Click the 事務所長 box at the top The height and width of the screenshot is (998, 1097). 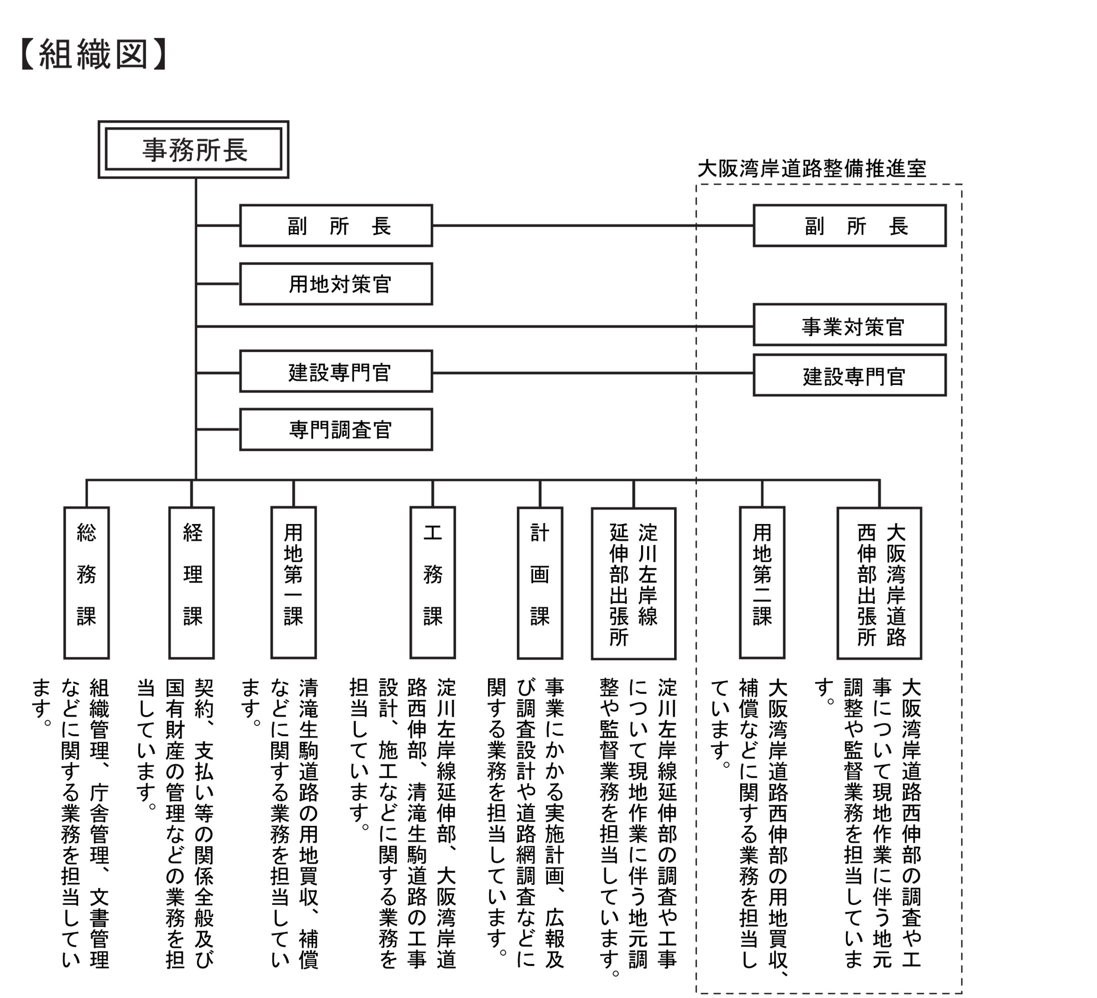pyautogui.click(x=193, y=150)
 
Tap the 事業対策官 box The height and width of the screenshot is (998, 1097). pyautogui.click(x=849, y=325)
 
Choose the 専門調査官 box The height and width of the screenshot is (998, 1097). pyautogui.click(x=336, y=429)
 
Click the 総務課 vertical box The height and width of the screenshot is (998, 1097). pyautogui.click(x=87, y=583)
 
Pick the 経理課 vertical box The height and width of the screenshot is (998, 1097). pyautogui.click(x=192, y=583)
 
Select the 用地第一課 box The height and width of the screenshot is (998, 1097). pyautogui.click(x=293, y=583)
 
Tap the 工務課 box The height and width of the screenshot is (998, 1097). pyautogui.click(x=432, y=583)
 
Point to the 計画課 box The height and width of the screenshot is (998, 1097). pyautogui.click(x=540, y=583)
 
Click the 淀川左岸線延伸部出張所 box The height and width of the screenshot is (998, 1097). pyautogui.click(x=634, y=584)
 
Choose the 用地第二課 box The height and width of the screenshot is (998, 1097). pyautogui.click(x=762, y=583)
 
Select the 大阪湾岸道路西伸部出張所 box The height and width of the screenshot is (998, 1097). pyautogui.click(x=879, y=584)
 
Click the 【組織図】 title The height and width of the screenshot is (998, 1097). pyautogui.click(x=93, y=55)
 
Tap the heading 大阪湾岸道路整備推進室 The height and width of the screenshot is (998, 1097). pyautogui.click(x=811, y=169)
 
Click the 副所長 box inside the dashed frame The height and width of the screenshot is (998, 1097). pyautogui.click(x=849, y=226)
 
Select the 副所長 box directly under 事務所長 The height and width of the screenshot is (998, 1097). pyautogui.click(x=336, y=226)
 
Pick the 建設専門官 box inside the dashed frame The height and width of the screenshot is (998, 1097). pyautogui.click(x=849, y=375)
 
